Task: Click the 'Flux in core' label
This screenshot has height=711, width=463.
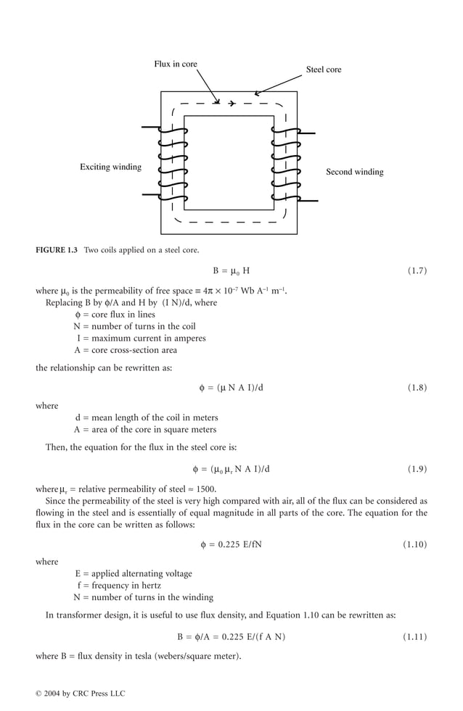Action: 175,65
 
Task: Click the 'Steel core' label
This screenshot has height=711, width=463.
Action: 323,70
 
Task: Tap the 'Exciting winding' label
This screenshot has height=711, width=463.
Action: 110,167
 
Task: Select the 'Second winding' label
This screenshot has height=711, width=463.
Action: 354,172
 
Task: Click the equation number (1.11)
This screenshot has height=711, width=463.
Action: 414,637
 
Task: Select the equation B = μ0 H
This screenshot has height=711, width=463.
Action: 231,271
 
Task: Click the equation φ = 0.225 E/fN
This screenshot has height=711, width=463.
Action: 231,544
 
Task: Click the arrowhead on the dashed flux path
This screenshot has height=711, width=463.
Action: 231,104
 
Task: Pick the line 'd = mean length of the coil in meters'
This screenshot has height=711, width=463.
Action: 146,417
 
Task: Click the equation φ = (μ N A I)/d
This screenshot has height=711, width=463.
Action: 231,388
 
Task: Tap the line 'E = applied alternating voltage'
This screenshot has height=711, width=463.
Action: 134,573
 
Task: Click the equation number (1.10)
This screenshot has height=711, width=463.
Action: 414,544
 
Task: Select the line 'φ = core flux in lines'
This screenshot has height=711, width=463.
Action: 115,315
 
